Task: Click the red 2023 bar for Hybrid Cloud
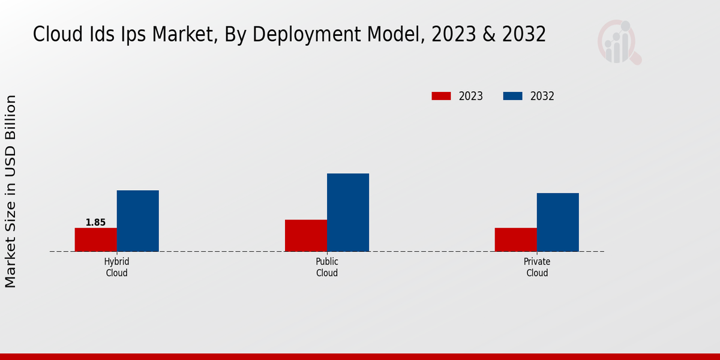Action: point(95,239)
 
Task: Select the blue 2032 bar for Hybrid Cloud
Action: point(137,221)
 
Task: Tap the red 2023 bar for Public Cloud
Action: point(306,235)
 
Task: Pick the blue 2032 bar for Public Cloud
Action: point(348,212)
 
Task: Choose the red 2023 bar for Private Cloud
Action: point(515,239)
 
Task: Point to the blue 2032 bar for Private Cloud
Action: point(558,222)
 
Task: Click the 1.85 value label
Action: point(95,223)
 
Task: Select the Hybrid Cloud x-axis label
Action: point(116,267)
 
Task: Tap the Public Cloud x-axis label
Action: point(327,267)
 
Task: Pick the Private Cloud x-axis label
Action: point(537,267)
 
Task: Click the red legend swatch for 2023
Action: point(441,96)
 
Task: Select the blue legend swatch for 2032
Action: point(512,96)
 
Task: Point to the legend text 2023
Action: point(471,96)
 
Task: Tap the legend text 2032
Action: point(542,96)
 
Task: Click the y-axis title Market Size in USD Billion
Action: point(11,191)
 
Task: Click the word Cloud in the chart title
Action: point(55,35)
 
